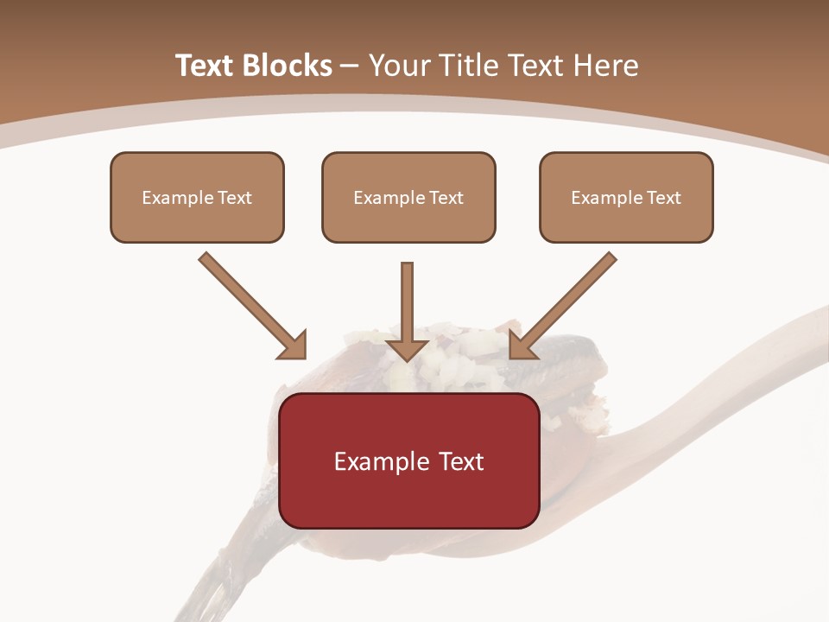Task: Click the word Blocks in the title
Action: click(288, 66)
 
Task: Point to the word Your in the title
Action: click(398, 66)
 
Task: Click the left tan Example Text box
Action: click(197, 197)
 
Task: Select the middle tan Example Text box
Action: click(408, 197)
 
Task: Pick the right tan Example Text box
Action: click(626, 197)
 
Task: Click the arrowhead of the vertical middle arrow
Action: click(408, 349)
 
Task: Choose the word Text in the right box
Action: click(663, 198)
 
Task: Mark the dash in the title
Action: click(350, 66)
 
